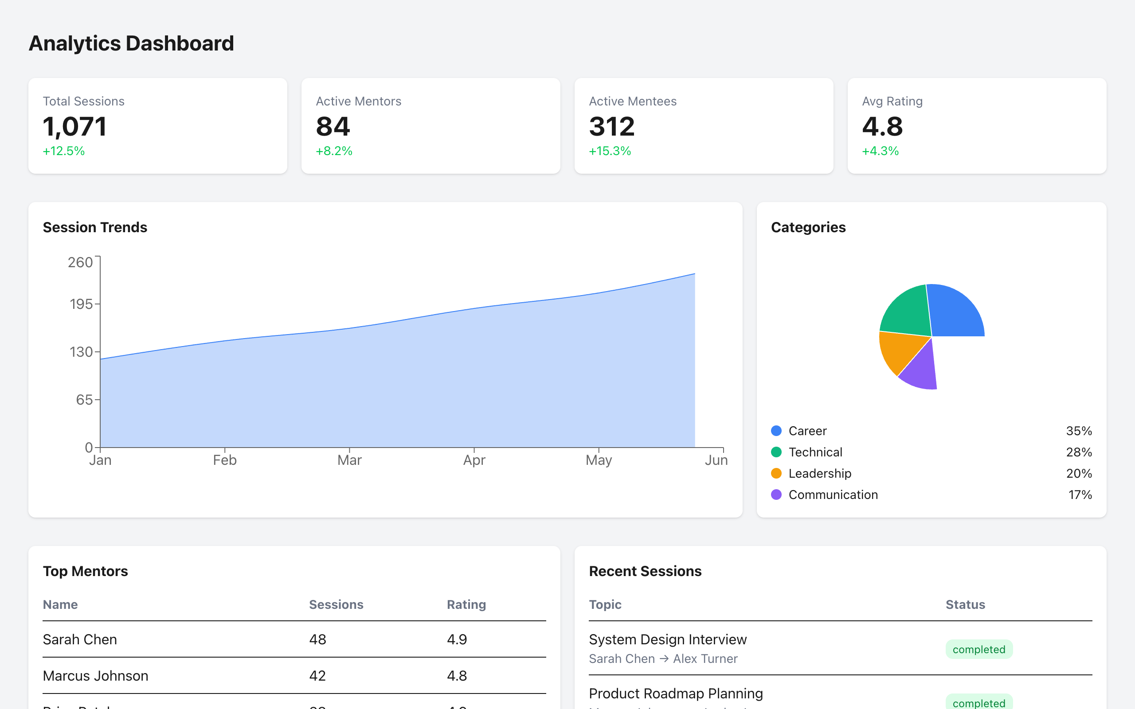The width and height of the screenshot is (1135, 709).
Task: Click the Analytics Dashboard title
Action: point(131,43)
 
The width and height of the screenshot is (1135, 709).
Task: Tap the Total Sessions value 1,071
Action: point(74,127)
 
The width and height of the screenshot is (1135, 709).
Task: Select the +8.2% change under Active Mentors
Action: point(334,151)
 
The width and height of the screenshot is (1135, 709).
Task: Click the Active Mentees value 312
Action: point(611,127)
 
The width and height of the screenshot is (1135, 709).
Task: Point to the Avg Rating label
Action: point(892,101)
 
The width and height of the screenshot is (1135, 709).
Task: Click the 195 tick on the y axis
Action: point(81,304)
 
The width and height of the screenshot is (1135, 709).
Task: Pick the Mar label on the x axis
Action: point(349,460)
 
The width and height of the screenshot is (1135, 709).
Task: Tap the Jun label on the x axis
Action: point(716,460)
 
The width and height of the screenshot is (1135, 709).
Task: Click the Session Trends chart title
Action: point(95,227)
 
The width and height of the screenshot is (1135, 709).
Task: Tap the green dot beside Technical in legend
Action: point(776,452)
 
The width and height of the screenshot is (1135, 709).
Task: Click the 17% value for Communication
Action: point(1080,495)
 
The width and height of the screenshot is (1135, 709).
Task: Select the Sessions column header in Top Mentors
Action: point(336,604)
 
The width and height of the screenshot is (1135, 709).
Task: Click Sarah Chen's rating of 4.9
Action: point(457,639)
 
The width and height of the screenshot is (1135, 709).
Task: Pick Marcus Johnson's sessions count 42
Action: point(317,676)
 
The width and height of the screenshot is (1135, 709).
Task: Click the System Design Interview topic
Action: point(667,639)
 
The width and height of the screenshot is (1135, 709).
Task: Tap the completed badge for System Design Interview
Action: point(979,650)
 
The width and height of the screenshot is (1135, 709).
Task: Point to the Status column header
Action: point(965,604)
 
